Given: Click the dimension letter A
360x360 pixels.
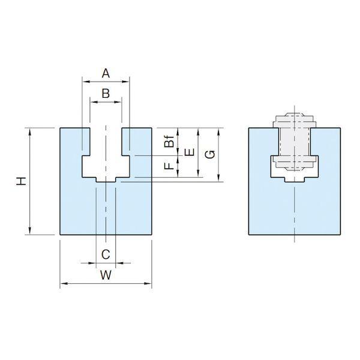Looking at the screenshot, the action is pyautogui.click(x=106, y=74).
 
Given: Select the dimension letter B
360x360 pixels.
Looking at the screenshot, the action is pyautogui.click(x=106, y=94).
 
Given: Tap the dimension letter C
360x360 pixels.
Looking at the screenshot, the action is pyautogui.click(x=106, y=254).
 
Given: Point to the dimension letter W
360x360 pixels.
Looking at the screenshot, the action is pyautogui.click(x=106, y=275).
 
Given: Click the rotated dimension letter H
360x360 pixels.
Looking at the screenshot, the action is pyautogui.click(x=22, y=181).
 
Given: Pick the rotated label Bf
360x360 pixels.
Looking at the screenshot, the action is pyautogui.click(x=169, y=141).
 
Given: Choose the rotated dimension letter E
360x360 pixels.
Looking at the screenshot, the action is pyautogui.click(x=190, y=152).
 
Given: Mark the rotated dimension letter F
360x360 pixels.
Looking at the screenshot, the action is pyautogui.click(x=169, y=166).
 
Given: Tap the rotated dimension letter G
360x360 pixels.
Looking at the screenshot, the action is pyautogui.click(x=210, y=154).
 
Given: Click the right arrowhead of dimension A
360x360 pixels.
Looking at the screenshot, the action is pyautogui.click(x=125, y=81).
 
